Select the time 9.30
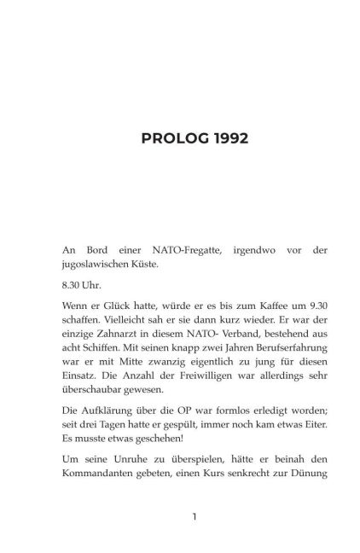(x=287, y=304)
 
